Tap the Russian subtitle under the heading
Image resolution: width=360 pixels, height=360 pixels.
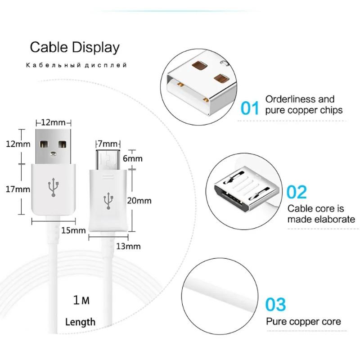pyautogui.click(x=76, y=66)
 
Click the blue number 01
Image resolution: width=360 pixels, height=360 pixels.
pyautogui.click(x=250, y=108)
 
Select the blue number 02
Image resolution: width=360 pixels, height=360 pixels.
pyautogui.click(x=297, y=192)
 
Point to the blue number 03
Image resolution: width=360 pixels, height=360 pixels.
pyautogui.click(x=275, y=304)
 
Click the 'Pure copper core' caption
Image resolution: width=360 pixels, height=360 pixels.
pyautogui.click(x=303, y=322)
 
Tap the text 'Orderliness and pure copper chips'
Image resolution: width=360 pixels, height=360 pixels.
pyautogui.click(x=304, y=104)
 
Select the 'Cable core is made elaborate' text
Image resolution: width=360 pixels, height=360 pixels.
pyautogui.click(x=321, y=214)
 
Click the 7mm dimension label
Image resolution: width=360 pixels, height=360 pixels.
pyautogui.click(x=107, y=144)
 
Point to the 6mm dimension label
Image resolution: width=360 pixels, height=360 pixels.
pyautogui.click(x=133, y=158)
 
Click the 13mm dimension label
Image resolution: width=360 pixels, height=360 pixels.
pyautogui.click(x=129, y=246)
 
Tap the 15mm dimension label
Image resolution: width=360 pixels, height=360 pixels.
pyautogui.click(x=73, y=231)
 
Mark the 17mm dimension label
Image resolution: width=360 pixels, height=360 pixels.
pyautogui.click(x=18, y=189)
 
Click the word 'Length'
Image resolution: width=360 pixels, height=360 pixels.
pyautogui.click(x=80, y=322)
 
